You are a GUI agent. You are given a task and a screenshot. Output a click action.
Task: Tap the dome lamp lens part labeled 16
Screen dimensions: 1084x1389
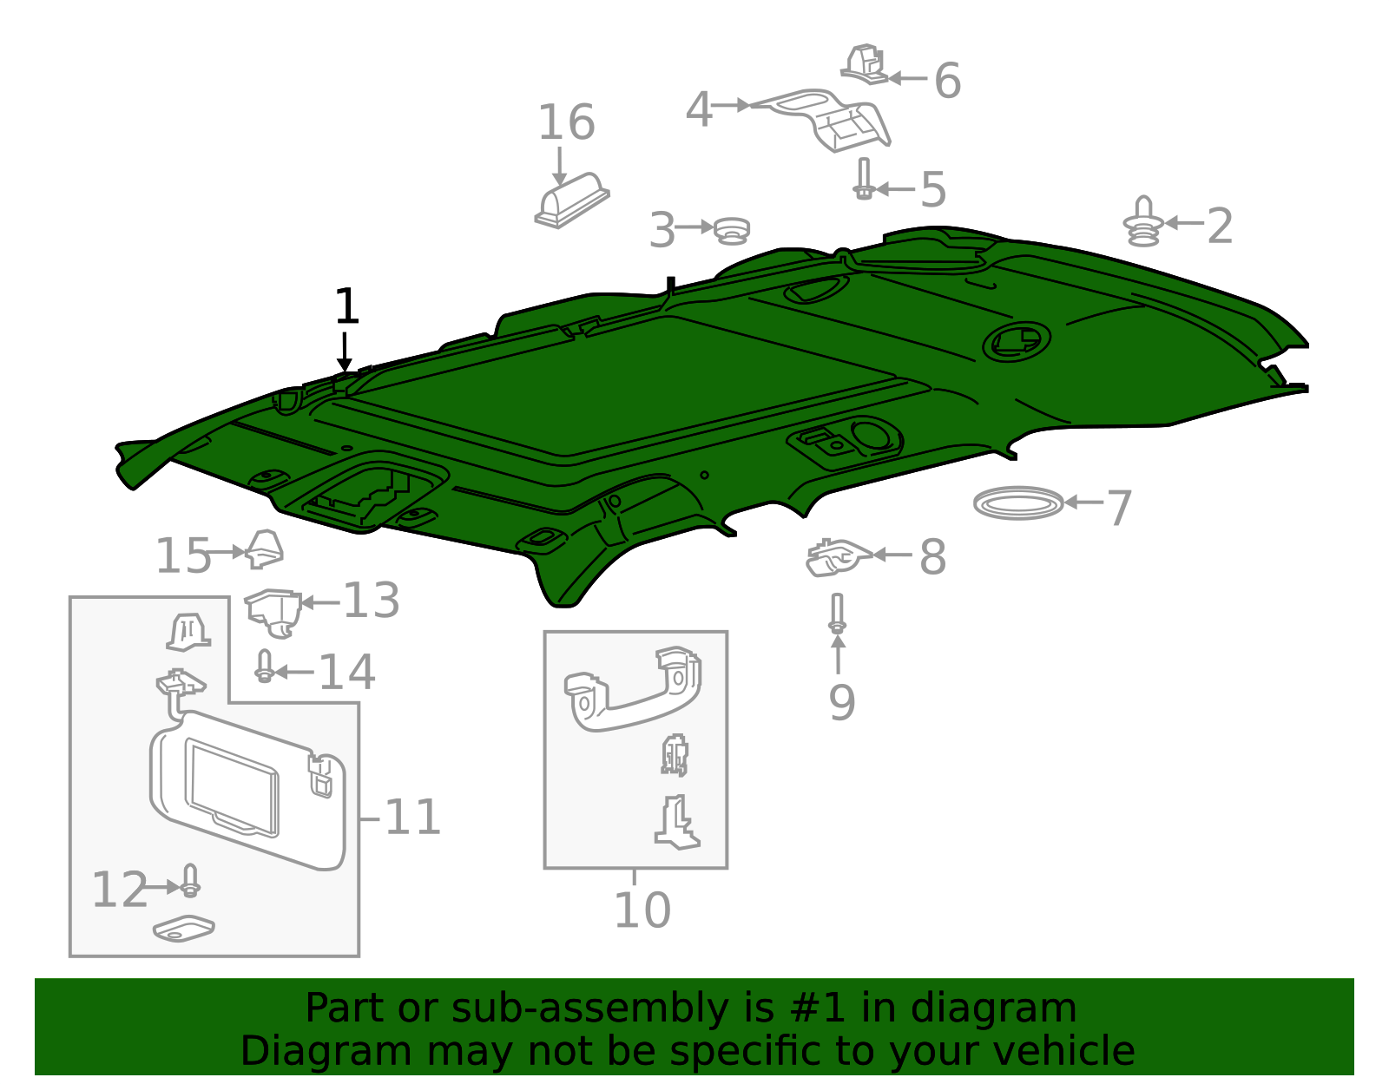(x=572, y=200)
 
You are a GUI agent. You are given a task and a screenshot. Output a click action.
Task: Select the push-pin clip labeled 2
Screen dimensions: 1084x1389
(x=1143, y=223)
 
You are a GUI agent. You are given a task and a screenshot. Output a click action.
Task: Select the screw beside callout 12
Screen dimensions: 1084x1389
(x=190, y=882)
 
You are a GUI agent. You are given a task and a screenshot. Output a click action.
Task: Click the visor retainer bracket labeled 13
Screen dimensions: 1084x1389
(x=273, y=609)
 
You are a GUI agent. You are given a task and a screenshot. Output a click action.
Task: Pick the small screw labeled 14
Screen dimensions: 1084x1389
(x=265, y=667)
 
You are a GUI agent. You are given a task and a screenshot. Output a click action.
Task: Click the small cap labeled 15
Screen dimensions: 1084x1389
(x=264, y=549)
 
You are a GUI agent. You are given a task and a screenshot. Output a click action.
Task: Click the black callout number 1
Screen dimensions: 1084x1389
(x=346, y=307)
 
